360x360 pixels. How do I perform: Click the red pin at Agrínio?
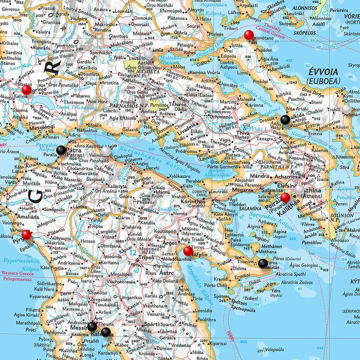tap(27, 90)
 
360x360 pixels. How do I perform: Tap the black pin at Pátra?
tap(61, 150)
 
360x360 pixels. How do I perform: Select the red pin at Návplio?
tap(188, 251)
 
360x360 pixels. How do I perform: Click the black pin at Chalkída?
tap(285, 120)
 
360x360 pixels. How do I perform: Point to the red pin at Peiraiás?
tap(285, 197)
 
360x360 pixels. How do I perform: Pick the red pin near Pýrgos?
tap(27, 235)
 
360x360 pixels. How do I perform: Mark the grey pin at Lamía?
tap(149, 53)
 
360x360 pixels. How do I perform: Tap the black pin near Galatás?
tap(263, 263)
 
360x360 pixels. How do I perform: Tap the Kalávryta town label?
tap(117, 187)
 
